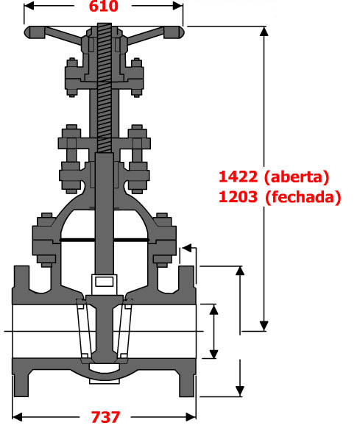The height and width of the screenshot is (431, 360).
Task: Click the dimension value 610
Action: click(104, 6)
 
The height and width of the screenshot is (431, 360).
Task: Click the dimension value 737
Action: click(105, 417)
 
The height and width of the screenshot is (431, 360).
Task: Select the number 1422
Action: click(238, 177)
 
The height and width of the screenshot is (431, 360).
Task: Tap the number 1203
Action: click(238, 197)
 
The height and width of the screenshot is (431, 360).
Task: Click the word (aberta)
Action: click(297, 177)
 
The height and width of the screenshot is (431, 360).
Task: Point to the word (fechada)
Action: click(303, 198)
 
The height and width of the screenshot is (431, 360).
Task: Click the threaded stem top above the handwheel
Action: click(104, 26)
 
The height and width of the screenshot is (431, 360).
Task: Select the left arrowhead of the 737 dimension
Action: click(17, 417)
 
